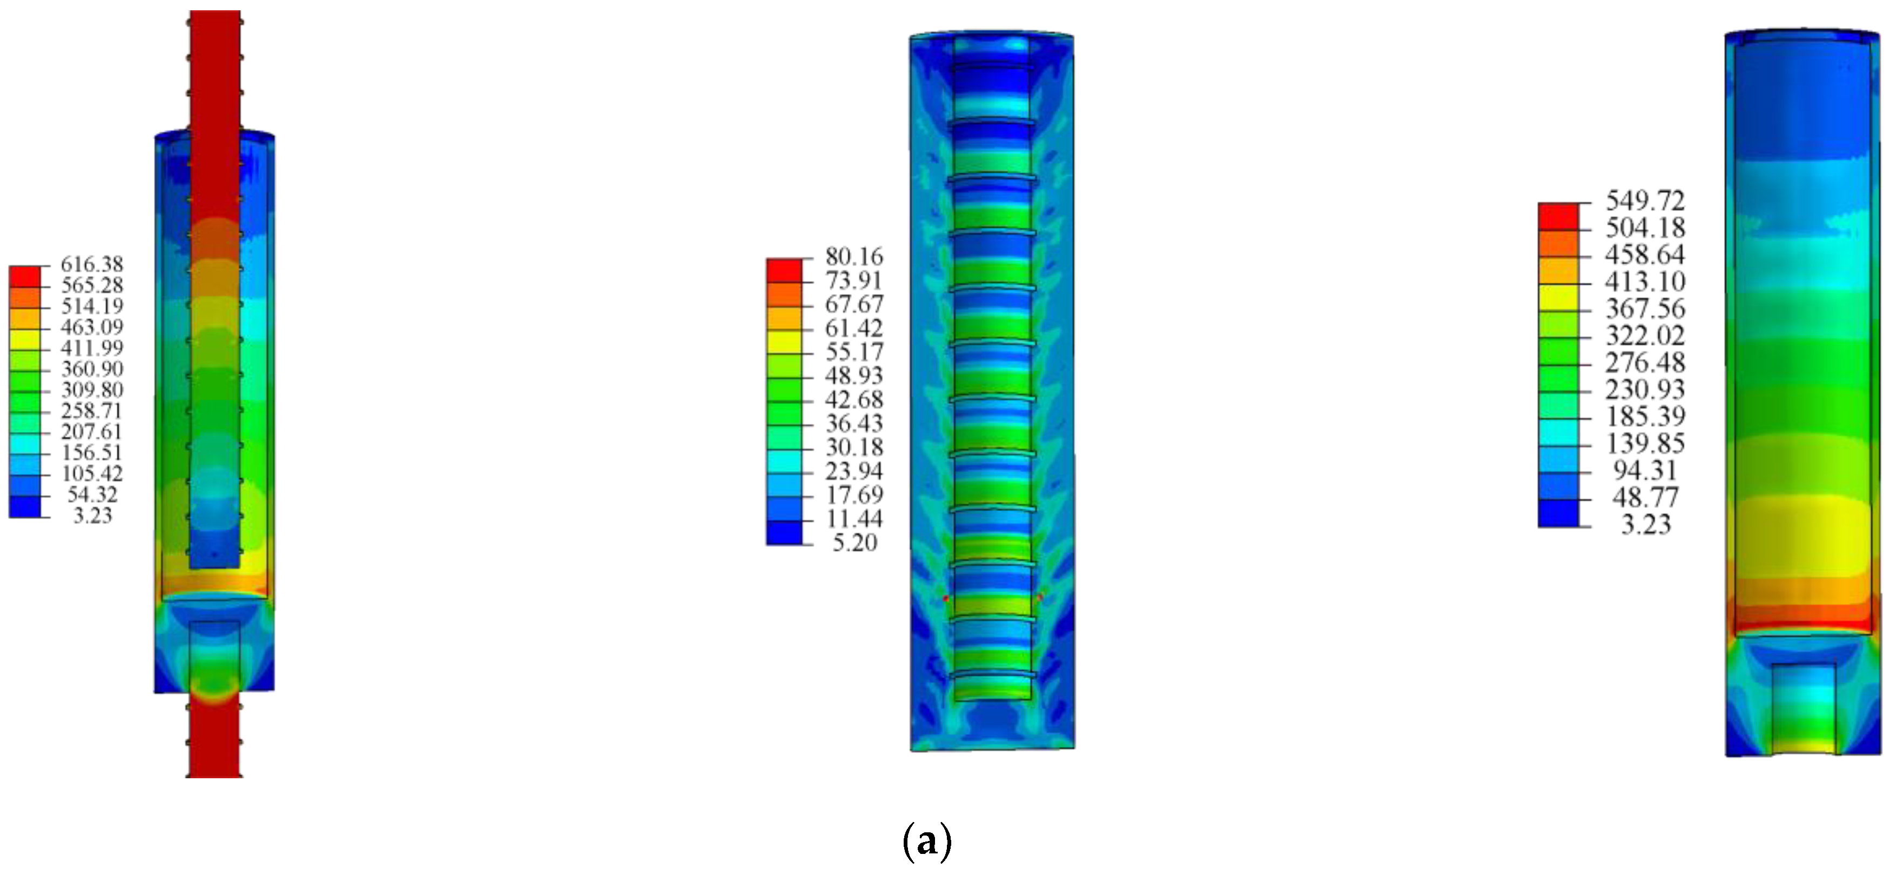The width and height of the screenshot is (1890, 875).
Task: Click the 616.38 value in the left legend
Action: click(92, 264)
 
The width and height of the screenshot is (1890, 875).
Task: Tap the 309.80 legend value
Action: click(92, 390)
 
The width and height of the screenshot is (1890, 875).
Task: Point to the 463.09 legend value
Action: click(92, 326)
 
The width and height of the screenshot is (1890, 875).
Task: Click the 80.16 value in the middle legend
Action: click(854, 256)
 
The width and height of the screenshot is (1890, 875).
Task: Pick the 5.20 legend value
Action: click(855, 543)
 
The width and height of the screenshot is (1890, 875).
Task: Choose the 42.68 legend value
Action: click(854, 399)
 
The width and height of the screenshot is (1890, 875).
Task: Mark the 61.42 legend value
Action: click(854, 328)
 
